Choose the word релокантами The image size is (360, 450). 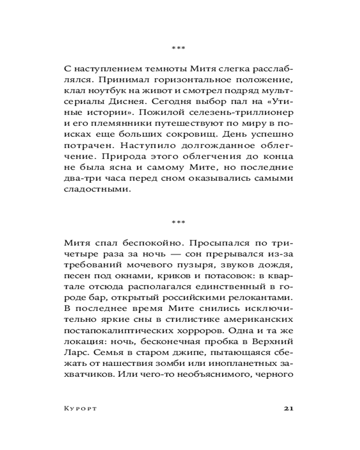(262, 298)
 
